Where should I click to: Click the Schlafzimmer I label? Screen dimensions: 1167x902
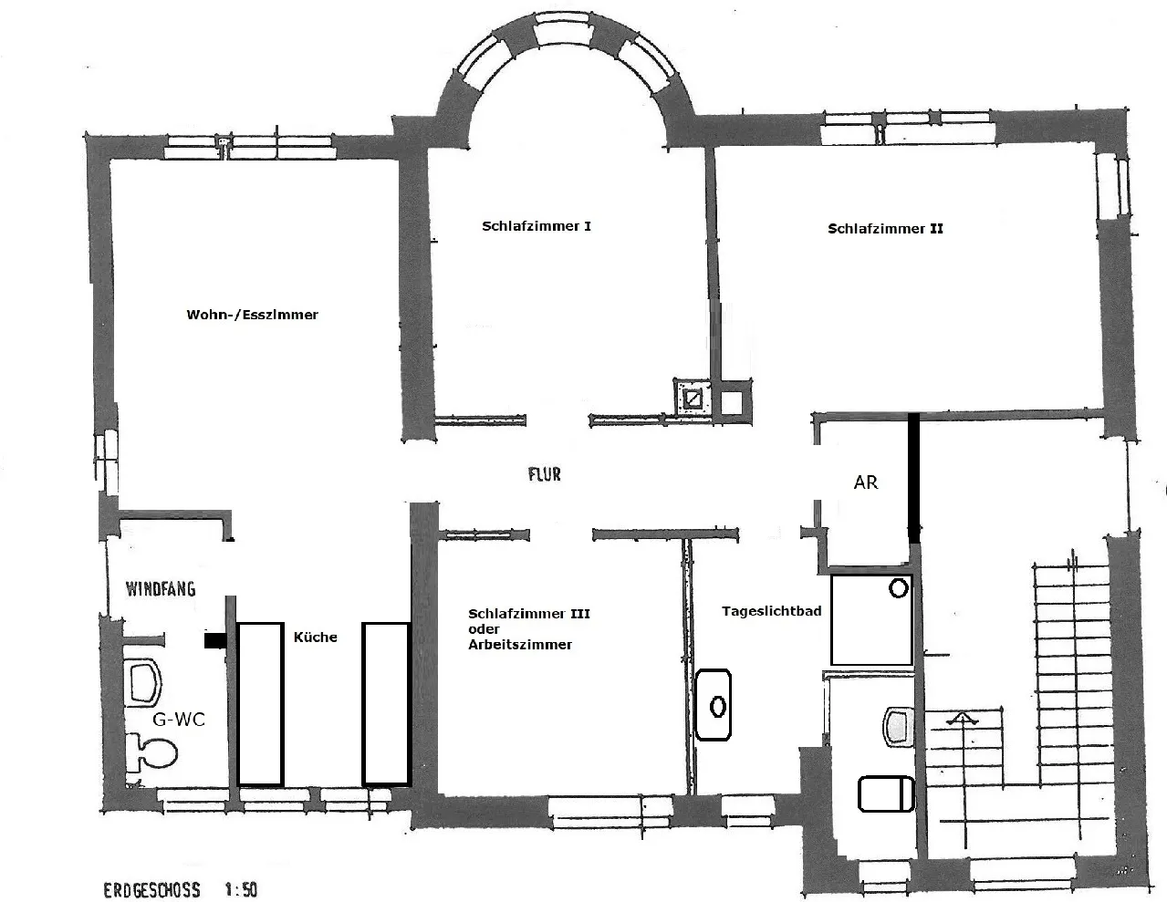click(x=536, y=226)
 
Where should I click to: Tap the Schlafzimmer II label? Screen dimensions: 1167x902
click(x=885, y=229)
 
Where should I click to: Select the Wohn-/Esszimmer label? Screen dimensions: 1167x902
click(x=253, y=315)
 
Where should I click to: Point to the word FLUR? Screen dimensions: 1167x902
click(x=545, y=474)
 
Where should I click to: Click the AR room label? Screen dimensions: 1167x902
click(x=866, y=482)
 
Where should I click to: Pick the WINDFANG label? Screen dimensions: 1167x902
click(x=161, y=589)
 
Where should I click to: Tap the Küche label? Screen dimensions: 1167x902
click(x=316, y=637)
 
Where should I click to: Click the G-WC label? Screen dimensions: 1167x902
click(x=179, y=720)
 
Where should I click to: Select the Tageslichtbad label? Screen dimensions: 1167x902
click(x=772, y=611)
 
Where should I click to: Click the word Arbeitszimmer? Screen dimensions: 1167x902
click(x=520, y=645)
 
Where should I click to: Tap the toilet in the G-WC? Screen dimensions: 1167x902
click(x=152, y=752)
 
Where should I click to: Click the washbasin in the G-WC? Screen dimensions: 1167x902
click(x=143, y=682)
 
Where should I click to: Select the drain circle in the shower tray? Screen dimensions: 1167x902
click(x=899, y=588)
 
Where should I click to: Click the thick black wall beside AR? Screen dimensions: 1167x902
click(x=913, y=478)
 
